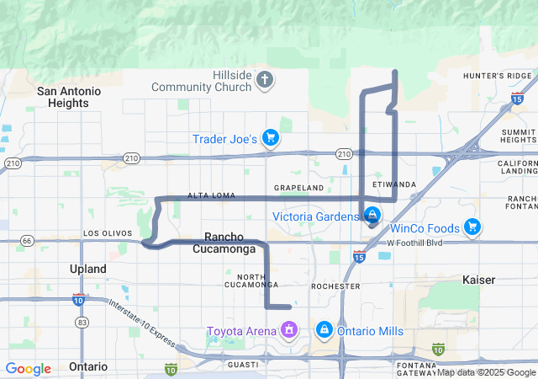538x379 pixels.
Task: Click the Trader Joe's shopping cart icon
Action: click(270, 137)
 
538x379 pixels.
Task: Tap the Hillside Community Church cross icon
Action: click(265, 81)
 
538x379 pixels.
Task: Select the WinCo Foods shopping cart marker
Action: click(472, 227)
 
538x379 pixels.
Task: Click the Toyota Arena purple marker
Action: click(289, 330)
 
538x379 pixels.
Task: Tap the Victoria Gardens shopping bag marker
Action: click(371, 216)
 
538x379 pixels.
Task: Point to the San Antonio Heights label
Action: click(69, 97)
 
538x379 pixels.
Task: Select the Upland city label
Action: click(87, 269)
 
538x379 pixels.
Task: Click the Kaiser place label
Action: click(478, 279)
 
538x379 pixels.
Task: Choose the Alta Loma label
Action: click(209, 195)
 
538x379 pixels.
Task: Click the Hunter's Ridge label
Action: click(498, 76)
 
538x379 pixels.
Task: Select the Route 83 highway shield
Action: click(82, 322)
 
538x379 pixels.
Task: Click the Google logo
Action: click(29, 369)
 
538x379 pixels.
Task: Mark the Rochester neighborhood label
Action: click(335, 286)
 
